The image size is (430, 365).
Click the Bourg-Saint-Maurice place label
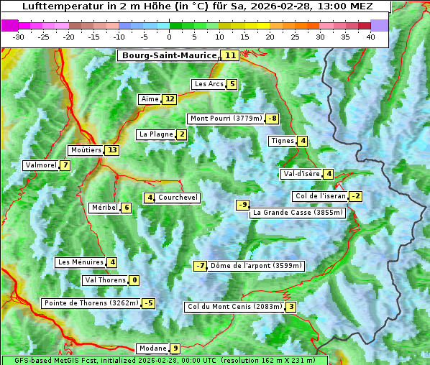tap(169, 55)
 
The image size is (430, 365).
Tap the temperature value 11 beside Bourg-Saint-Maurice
tap(230, 55)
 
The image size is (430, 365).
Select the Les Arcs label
tap(209, 84)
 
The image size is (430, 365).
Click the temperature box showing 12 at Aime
tap(169, 99)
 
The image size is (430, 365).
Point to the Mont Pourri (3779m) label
tap(225, 119)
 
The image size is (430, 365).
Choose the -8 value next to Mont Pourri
tap(272, 119)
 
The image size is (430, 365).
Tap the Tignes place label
tap(282, 141)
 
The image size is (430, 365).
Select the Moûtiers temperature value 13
tap(111, 150)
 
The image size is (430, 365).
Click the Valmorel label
tap(40, 165)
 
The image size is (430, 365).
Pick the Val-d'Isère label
tap(301, 174)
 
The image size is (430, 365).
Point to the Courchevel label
tap(178, 198)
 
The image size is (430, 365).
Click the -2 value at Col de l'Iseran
tap(354, 196)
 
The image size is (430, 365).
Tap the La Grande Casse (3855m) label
tap(298, 213)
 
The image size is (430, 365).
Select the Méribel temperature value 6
tap(127, 208)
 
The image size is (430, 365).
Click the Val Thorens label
tap(105, 280)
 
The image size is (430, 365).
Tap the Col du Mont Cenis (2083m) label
tap(234, 307)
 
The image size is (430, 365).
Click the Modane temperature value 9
tap(175, 348)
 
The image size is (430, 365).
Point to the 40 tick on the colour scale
tap(370, 37)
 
